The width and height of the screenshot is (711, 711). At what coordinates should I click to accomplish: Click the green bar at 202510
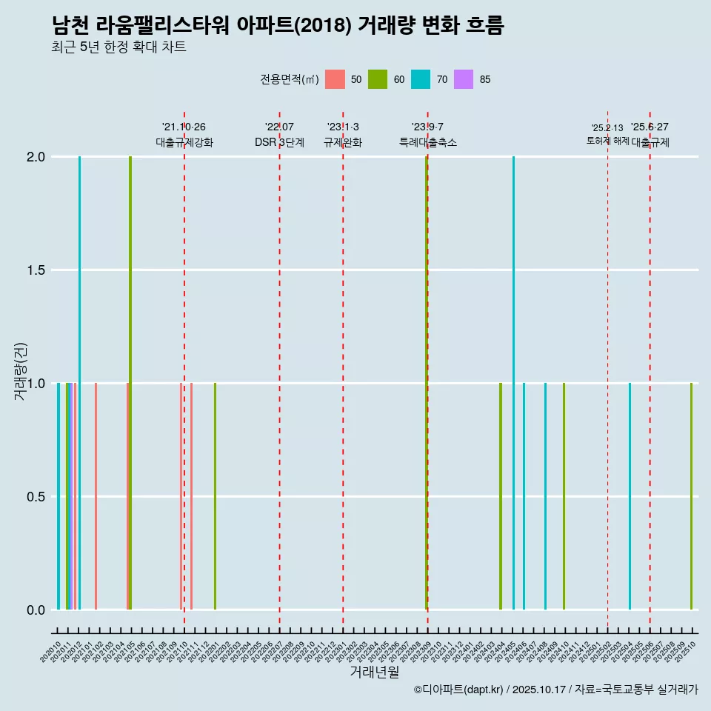click(691, 496)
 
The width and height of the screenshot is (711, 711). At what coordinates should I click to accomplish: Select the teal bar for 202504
click(630, 496)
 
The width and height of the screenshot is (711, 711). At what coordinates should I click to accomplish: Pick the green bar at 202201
click(215, 496)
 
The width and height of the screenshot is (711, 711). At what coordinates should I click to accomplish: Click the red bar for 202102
click(96, 496)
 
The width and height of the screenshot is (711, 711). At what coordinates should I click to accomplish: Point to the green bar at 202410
click(564, 496)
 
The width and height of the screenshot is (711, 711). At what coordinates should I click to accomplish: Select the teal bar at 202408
click(545, 496)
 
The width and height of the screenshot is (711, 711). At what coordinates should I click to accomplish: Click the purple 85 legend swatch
click(464, 79)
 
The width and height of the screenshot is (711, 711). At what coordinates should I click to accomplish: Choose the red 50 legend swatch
click(335, 79)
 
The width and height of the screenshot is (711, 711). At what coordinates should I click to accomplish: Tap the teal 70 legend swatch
click(421, 79)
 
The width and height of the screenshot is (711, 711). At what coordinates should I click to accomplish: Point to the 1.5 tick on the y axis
click(36, 270)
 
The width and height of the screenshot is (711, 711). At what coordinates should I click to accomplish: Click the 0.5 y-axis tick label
click(36, 497)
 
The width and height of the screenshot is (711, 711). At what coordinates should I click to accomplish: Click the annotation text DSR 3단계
click(279, 142)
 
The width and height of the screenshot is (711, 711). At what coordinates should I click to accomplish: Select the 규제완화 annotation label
click(343, 142)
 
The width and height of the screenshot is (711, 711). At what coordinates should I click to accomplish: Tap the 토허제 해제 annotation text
click(607, 140)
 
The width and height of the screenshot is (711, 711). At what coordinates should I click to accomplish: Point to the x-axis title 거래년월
click(375, 672)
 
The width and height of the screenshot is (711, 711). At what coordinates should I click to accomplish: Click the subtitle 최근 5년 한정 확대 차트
click(118, 47)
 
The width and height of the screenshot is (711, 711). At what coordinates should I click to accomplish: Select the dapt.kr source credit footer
click(555, 690)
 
